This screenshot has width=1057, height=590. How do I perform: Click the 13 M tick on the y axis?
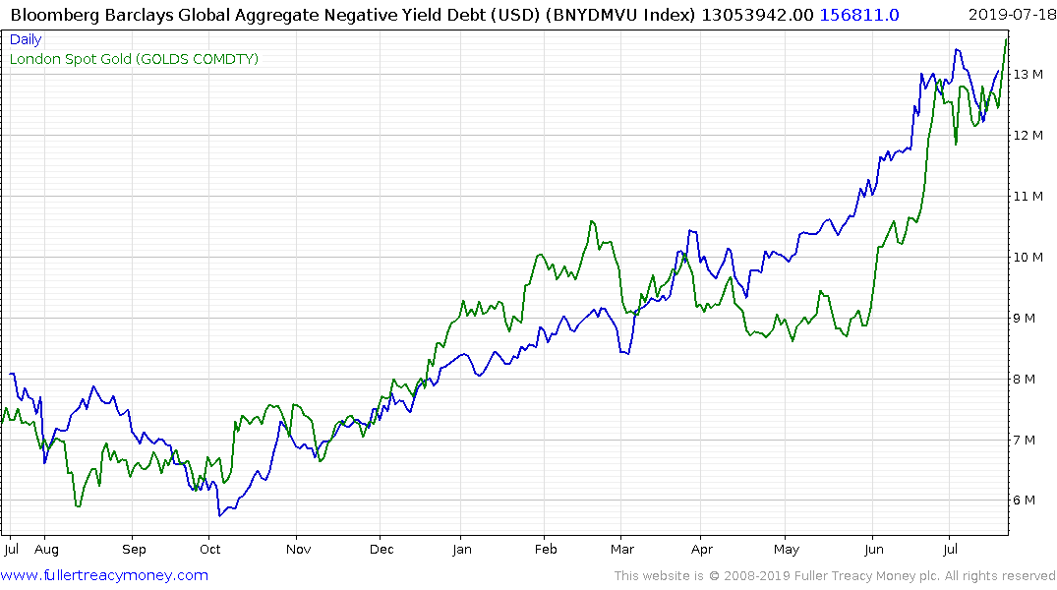(1029, 74)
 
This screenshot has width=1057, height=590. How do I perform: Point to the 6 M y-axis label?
(1026, 500)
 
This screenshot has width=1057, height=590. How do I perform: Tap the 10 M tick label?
(1029, 257)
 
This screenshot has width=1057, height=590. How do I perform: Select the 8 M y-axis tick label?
(1026, 379)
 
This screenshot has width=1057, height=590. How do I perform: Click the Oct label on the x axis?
(209, 550)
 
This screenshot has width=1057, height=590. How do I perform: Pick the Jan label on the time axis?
(461, 550)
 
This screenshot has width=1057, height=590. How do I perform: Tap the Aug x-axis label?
(46, 550)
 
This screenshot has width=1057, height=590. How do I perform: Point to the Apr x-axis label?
(701, 550)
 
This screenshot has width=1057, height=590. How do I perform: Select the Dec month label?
(382, 550)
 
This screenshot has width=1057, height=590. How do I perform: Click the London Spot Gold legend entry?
(134, 59)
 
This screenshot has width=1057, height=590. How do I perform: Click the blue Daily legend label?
(26, 40)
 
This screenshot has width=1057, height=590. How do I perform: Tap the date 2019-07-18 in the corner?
(1010, 14)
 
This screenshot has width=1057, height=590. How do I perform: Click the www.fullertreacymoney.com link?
(105, 575)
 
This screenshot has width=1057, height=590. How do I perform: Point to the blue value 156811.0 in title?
(851, 14)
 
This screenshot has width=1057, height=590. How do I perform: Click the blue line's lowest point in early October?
(220, 515)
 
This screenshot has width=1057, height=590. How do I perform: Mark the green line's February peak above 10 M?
(592, 221)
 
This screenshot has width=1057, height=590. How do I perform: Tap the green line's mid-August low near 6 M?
(78, 506)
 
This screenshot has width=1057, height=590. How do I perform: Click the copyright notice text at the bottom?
(835, 575)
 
